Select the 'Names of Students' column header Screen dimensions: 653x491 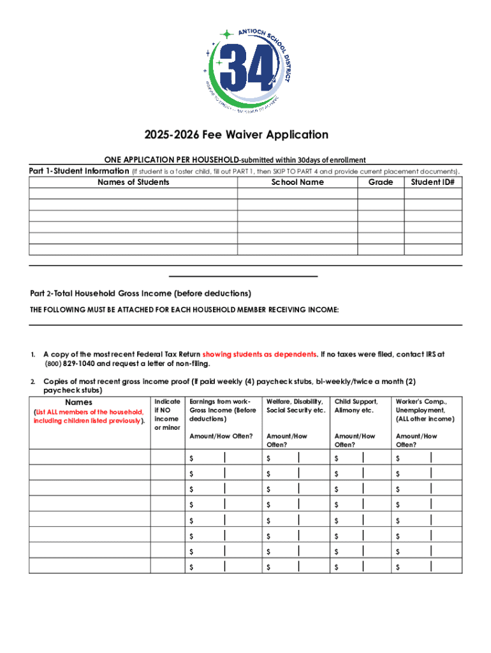click(x=133, y=182)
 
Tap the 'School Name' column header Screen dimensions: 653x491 click(x=297, y=182)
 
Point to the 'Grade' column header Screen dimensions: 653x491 click(x=381, y=182)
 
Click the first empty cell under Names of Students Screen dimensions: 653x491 click(x=133, y=193)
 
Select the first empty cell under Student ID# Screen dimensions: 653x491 click(x=433, y=193)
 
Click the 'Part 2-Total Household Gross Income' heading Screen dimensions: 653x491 click(x=141, y=293)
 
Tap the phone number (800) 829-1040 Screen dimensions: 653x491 click(x=70, y=364)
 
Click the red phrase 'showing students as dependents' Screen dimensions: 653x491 click(x=260, y=354)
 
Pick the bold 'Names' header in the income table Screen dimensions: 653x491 click(x=79, y=402)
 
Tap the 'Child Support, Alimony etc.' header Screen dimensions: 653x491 click(x=357, y=406)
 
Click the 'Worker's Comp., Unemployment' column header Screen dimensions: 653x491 click(x=425, y=410)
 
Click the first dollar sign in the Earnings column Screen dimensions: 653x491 click(x=192, y=459)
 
